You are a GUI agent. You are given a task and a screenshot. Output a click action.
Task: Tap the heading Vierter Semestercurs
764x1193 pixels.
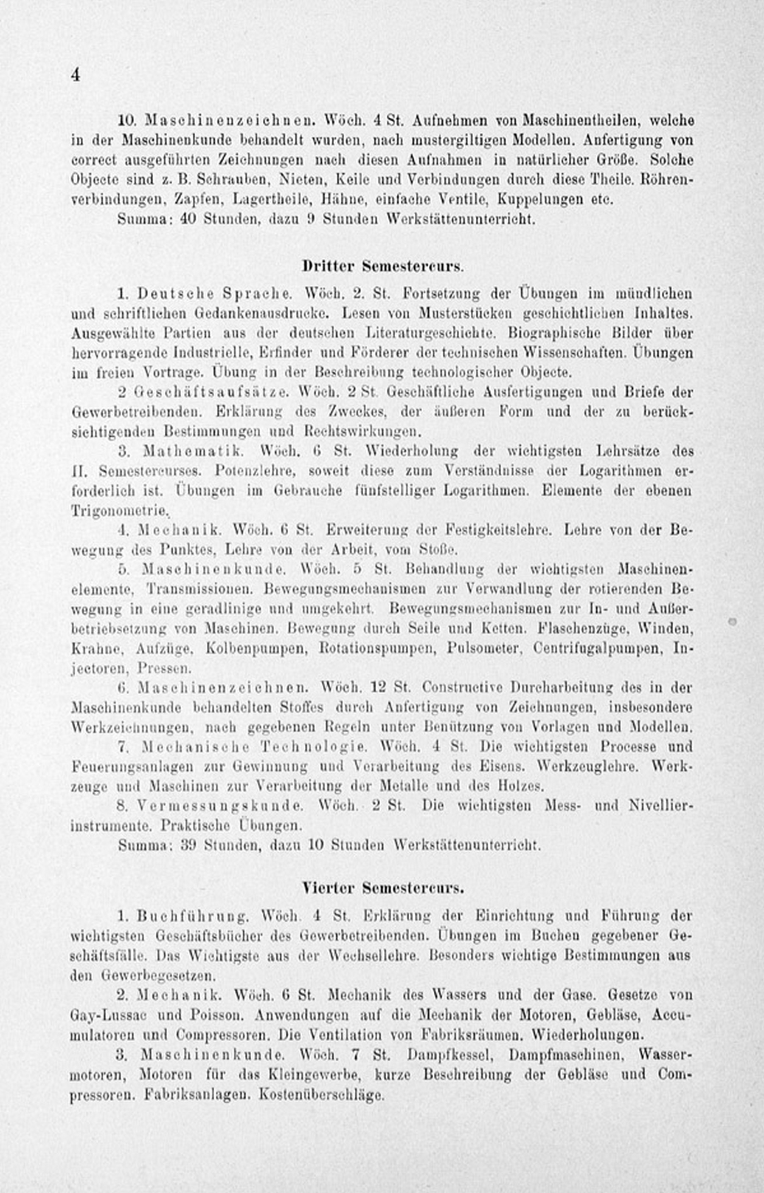point(382,888)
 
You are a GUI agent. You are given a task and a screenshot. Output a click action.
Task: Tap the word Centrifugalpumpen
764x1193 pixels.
point(597,648)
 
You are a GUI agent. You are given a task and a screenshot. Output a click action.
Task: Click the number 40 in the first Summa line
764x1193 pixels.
point(188,219)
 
